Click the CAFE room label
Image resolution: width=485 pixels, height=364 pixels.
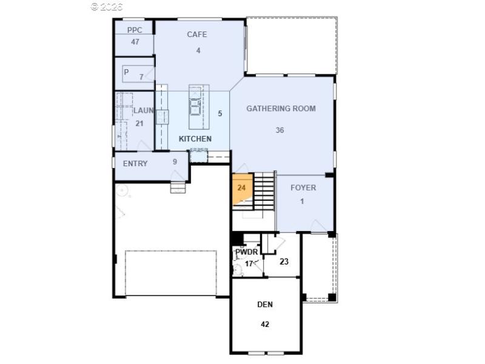[x=197, y=35]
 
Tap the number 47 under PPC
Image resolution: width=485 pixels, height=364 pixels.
[x=135, y=42]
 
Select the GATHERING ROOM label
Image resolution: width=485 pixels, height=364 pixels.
[x=281, y=109]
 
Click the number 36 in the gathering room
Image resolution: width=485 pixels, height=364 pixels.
[x=279, y=130]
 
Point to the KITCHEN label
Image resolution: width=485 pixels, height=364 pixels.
[x=195, y=139]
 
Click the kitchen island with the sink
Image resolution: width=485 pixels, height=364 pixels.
[x=196, y=107]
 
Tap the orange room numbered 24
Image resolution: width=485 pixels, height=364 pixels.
[x=241, y=189]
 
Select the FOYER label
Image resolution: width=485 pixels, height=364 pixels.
[x=303, y=187]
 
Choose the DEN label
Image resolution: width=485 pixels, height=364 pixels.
[x=265, y=305]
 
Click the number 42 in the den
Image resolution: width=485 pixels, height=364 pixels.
[x=265, y=324]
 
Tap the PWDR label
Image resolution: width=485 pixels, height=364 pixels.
[x=246, y=252]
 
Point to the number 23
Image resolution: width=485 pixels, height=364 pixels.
[x=284, y=262]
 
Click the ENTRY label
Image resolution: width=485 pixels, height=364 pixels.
[x=135, y=164]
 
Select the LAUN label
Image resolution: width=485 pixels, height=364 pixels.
[x=143, y=110]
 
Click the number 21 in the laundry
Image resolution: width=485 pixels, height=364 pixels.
[x=139, y=123]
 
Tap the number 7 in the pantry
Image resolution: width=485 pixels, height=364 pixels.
[x=141, y=77]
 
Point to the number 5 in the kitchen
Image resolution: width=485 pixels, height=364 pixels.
[x=220, y=113]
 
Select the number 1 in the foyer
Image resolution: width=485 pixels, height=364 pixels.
[x=302, y=201]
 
